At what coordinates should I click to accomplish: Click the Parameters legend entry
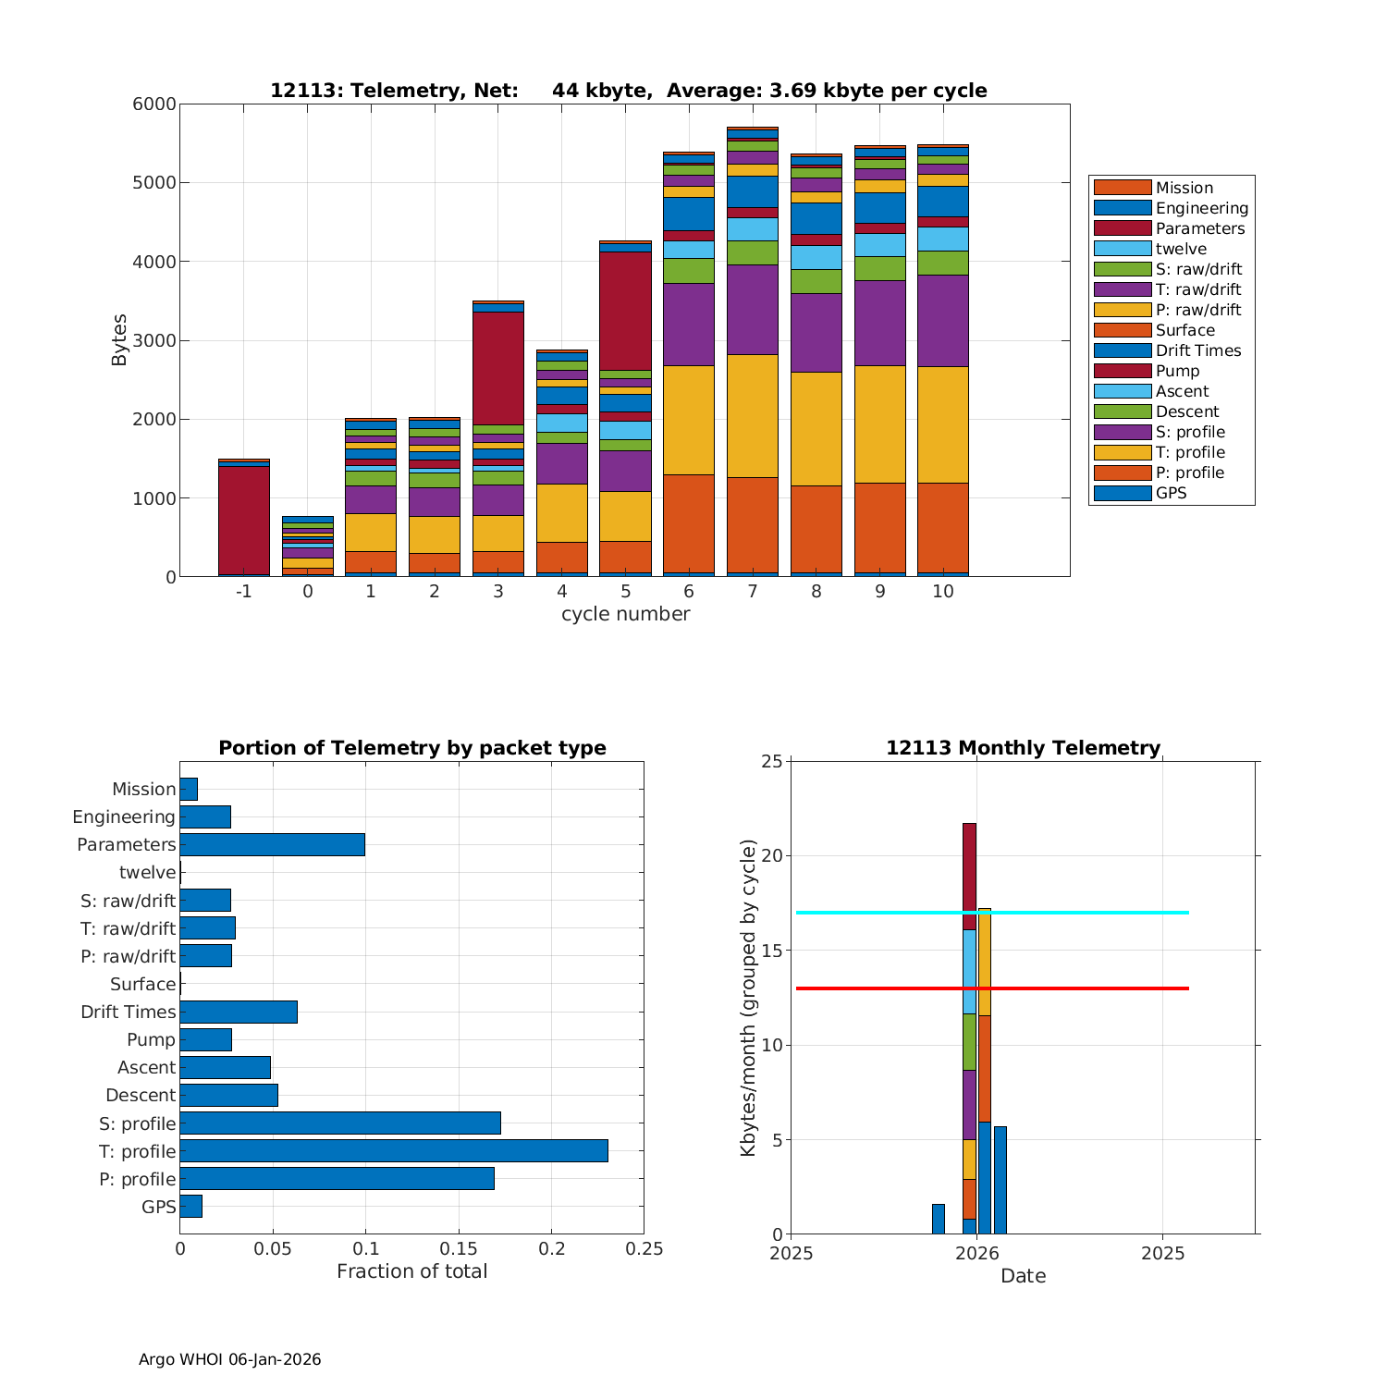tap(1199, 228)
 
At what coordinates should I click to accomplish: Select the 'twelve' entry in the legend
tap(1181, 249)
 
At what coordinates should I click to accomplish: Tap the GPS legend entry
tap(1171, 493)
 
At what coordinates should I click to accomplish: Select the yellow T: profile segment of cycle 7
tap(753, 416)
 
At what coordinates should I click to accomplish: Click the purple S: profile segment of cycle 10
tap(943, 321)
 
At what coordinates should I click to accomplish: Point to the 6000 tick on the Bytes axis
tap(154, 104)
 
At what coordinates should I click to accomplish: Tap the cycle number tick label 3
tap(498, 591)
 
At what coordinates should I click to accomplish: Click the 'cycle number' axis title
tap(625, 614)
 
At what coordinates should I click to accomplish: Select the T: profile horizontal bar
tap(394, 1150)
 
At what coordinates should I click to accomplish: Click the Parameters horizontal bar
tap(273, 844)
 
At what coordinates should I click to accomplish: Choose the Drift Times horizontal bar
tap(239, 1012)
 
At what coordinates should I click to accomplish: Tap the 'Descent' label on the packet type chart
tap(141, 1095)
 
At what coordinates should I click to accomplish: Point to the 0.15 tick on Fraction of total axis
tap(459, 1248)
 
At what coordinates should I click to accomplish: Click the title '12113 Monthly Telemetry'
tap(1023, 748)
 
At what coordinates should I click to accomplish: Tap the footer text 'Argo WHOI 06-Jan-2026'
tap(229, 1359)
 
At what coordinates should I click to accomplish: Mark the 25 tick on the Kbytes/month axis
tap(772, 762)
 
